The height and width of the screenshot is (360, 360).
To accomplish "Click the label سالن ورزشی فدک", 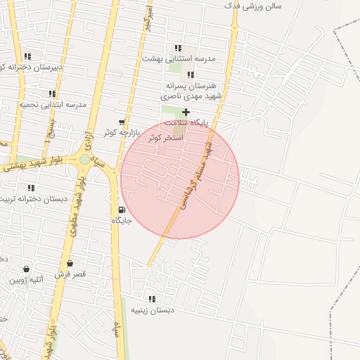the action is tap(252, 6).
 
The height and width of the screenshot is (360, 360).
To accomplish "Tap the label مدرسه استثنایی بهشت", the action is tap(179, 58).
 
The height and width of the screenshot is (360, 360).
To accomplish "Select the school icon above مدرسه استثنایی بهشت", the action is tap(179, 48).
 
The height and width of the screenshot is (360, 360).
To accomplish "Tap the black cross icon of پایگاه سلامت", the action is tap(186, 112).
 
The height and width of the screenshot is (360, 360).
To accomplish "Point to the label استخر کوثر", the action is tap(166, 138).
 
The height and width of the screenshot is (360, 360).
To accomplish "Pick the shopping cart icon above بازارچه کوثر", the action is tap(122, 122).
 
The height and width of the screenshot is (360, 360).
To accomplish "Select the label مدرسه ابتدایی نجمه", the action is tap(53, 104).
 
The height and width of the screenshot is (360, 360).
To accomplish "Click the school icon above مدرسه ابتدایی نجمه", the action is tap(52, 94).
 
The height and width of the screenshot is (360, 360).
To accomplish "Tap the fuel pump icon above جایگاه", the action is tap(122, 210).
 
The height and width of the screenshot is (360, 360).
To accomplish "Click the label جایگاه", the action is tap(122, 220).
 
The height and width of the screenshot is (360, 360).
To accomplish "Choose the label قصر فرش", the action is tap(70, 274).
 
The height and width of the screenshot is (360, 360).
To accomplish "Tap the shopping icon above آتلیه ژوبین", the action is tap(27, 269).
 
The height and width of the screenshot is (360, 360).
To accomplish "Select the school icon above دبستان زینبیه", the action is tap(152, 299).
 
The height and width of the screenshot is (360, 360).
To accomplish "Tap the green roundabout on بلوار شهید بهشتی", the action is tap(85, 160).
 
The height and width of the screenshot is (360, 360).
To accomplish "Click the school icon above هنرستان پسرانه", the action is tap(191, 74).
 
